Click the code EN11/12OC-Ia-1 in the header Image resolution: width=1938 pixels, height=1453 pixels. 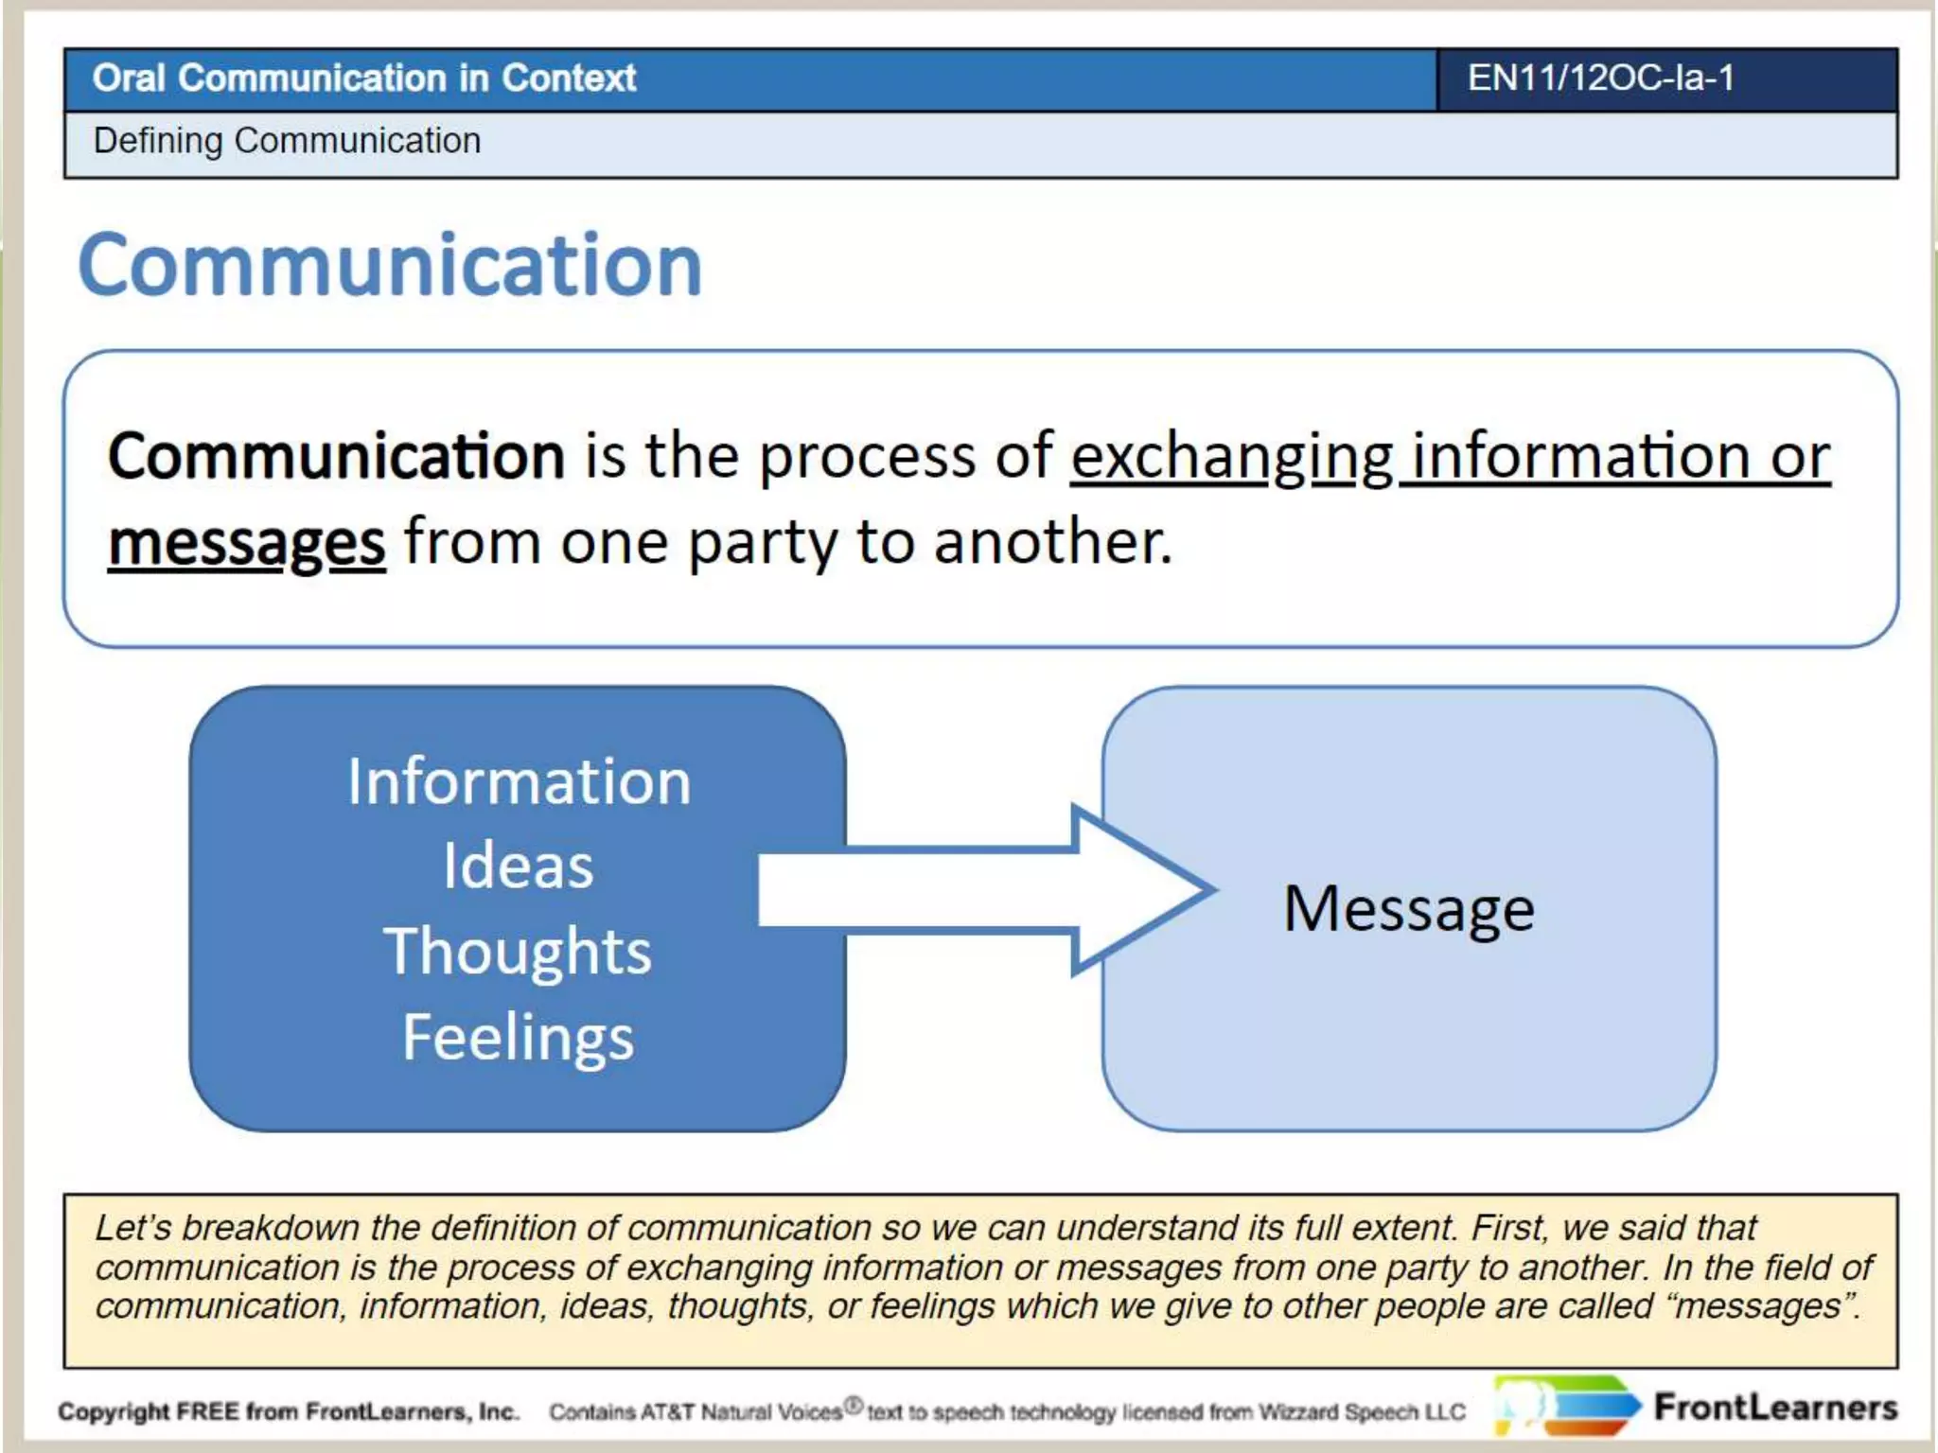click(1600, 79)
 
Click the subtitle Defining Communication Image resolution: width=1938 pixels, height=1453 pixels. click(287, 141)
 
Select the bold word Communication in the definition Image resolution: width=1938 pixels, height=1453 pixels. click(336, 456)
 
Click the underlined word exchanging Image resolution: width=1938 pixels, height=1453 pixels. click(1231, 458)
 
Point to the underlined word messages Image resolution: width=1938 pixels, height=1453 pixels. click(246, 544)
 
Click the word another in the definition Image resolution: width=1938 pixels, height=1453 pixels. click(1051, 543)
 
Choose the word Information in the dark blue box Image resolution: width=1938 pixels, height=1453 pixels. click(519, 782)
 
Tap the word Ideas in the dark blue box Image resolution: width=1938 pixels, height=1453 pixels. click(519, 866)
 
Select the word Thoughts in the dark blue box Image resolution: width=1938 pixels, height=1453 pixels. click(518, 951)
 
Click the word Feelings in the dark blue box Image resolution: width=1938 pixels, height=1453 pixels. click(518, 1038)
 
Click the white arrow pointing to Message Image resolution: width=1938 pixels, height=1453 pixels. click(984, 889)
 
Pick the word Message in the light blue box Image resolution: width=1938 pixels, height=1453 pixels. click(1408, 909)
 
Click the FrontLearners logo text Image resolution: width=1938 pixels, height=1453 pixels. click(1775, 1408)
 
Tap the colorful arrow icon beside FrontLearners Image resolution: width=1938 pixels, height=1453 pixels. click(1566, 1407)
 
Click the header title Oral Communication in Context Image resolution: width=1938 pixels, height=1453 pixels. click(364, 79)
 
